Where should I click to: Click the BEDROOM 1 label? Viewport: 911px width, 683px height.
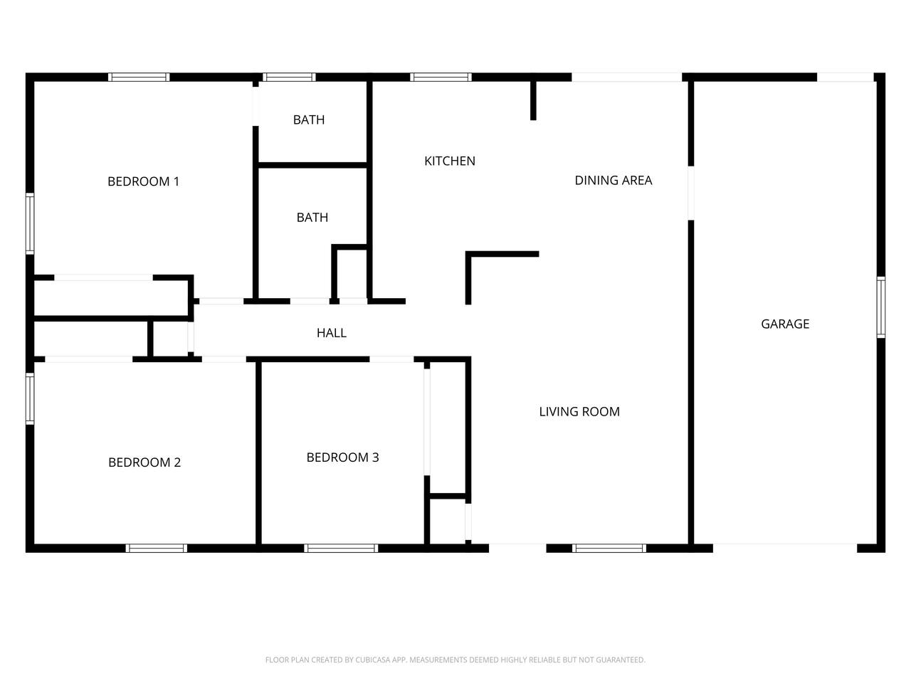click(143, 181)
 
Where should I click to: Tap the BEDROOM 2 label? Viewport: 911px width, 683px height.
click(144, 462)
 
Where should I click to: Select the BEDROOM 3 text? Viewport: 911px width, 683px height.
click(342, 457)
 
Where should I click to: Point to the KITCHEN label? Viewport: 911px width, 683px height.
click(450, 161)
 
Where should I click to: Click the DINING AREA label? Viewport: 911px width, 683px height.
click(614, 181)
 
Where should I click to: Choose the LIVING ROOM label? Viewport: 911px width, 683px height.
click(579, 412)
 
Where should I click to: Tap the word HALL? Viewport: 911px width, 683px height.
click(331, 333)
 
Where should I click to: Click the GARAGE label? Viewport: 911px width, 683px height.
click(785, 324)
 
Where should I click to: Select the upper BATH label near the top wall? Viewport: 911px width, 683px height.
click(309, 120)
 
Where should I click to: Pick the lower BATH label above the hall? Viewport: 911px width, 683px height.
click(312, 217)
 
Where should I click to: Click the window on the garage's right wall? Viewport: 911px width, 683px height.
click(880, 307)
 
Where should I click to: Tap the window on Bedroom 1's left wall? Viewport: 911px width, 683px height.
click(30, 223)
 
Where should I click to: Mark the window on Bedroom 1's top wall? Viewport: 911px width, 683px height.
click(139, 77)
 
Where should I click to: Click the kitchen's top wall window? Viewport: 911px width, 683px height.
click(441, 77)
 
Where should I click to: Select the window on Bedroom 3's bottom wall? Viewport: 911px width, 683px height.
click(341, 549)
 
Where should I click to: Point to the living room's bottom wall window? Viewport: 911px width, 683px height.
click(609, 549)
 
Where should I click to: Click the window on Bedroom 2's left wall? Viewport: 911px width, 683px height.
click(30, 398)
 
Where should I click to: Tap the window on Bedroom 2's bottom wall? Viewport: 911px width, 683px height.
click(157, 549)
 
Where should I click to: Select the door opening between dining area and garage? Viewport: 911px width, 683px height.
click(691, 194)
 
